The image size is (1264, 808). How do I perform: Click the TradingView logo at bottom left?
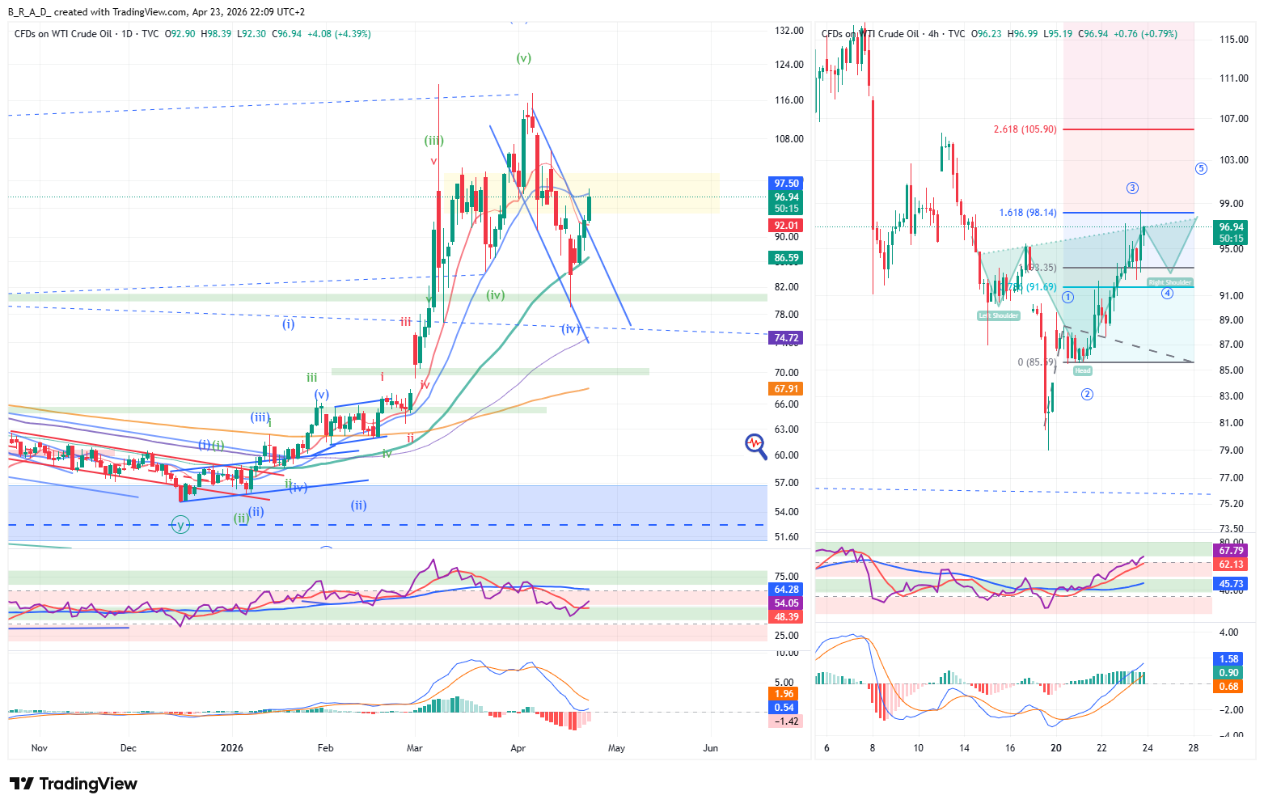[73, 784]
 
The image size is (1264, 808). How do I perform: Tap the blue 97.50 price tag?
[786, 184]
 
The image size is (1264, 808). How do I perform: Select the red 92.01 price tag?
[786, 226]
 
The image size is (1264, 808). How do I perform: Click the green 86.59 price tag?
[786, 258]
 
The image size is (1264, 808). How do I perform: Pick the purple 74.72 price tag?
[786, 338]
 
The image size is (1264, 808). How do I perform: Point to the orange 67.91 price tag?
[786, 389]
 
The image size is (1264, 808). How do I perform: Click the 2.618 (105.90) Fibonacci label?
[1025, 129]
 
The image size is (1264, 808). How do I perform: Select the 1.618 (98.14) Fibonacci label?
[1027, 213]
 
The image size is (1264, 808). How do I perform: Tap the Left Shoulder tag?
[999, 315]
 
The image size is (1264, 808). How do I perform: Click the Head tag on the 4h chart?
[1082, 370]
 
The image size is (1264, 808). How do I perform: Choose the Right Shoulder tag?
[1169, 282]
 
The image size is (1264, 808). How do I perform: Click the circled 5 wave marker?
[1201, 168]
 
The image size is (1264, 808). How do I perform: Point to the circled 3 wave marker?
[1132, 188]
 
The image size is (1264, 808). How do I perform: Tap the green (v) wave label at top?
[524, 58]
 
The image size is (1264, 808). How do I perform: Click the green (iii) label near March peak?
[434, 141]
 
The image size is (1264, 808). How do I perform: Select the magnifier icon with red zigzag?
[755, 446]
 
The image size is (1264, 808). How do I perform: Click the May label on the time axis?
[616, 748]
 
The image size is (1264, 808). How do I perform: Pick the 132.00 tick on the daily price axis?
[788, 31]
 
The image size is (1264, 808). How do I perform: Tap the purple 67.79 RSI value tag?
[1230, 551]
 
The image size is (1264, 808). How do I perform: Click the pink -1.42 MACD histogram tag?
[786, 721]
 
